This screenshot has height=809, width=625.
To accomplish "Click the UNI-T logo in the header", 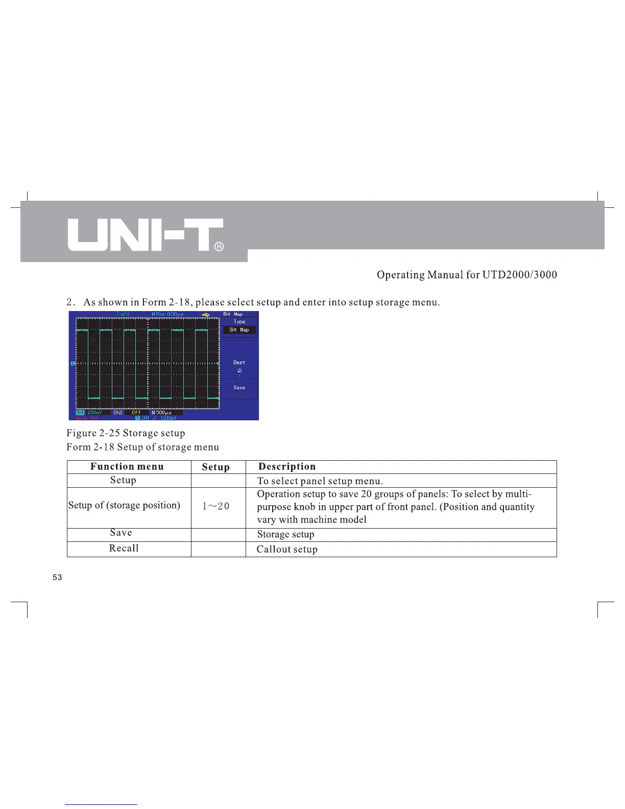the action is [x=146, y=235].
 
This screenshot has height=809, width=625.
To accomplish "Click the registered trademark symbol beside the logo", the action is [x=218, y=247].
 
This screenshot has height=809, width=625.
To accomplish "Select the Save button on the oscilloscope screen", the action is [x=239, y=388].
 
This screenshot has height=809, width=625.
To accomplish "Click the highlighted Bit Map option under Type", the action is [x=239, y=330].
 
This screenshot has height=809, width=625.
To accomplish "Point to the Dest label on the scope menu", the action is [x=239, y=363].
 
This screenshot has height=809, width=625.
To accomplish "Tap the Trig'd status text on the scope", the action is [x=123, y=314].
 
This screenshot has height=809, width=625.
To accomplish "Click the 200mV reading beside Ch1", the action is [x=94, y=412].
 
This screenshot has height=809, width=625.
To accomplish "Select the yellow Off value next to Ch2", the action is [x=136, y=412].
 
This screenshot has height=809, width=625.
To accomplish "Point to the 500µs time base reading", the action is [x=162, y=412].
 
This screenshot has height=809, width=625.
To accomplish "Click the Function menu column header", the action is [x=127, y=466].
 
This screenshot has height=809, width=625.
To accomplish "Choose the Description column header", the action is [x=287, y=466].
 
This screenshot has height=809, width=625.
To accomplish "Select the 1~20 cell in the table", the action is [x=216, y=506].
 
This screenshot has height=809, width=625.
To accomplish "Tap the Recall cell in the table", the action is [x=124, y=549].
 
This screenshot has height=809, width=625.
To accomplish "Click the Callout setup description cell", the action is [x=287, y=550].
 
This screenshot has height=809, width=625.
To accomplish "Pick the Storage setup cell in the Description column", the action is [x=285, y=534].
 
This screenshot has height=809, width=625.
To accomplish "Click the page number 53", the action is [x=57, y=578].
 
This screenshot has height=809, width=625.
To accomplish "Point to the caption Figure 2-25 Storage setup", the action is [x=126, y=433].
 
